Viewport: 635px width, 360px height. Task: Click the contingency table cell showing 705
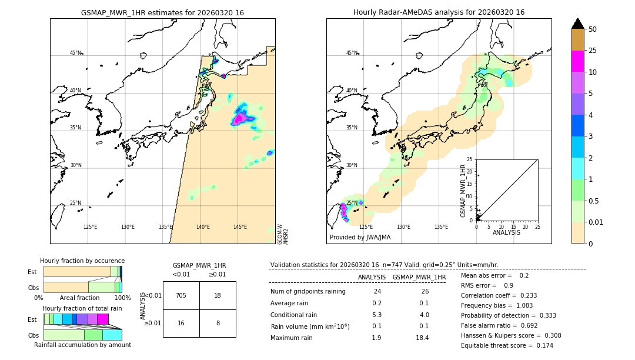tap(181, 295)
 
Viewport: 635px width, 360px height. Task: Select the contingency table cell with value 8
tap(218, 323)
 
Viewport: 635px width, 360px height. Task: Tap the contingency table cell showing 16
tap(181, 323)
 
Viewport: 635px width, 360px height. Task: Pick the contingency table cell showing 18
tap(218, 295)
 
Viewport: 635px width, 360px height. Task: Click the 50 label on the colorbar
tap(593, 29)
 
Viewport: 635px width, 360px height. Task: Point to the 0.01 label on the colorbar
tap(597, 222)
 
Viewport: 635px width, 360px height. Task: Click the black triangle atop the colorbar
tap(577, 24)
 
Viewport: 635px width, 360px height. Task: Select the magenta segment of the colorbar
tap(577, 62)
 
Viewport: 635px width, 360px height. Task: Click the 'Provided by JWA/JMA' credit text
tap(360, 238)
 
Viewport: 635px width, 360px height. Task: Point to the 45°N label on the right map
tap(351, 53)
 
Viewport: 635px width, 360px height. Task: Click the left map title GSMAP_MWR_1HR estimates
tap(162, 12)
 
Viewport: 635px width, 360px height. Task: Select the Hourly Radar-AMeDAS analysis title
tap(439, 12)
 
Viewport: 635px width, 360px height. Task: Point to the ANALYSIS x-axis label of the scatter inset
tap(507, 232)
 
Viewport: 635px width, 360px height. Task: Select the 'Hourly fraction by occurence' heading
tap(82, 261)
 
